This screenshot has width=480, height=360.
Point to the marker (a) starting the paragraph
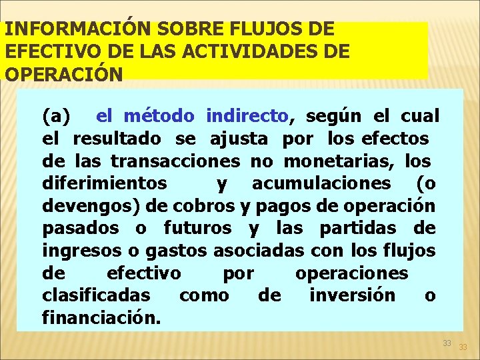pyautogui.click(x=56, y=117)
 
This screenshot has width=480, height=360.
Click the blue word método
pyautogui.click(x=159, y=117)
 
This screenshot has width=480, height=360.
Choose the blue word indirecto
pyautogui.click(x=247, y=117)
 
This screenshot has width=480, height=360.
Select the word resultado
pyautogui.click(x=117, y=139)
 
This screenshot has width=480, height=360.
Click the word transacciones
pyautogui.click(x=175, y=161)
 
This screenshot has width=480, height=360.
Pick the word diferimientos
pyautogui.click(x=105, y=183)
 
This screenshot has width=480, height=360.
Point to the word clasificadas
pyautogui.click(x=97, y=295)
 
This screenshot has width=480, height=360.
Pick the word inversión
pyautogui.click(x=352, y=295)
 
